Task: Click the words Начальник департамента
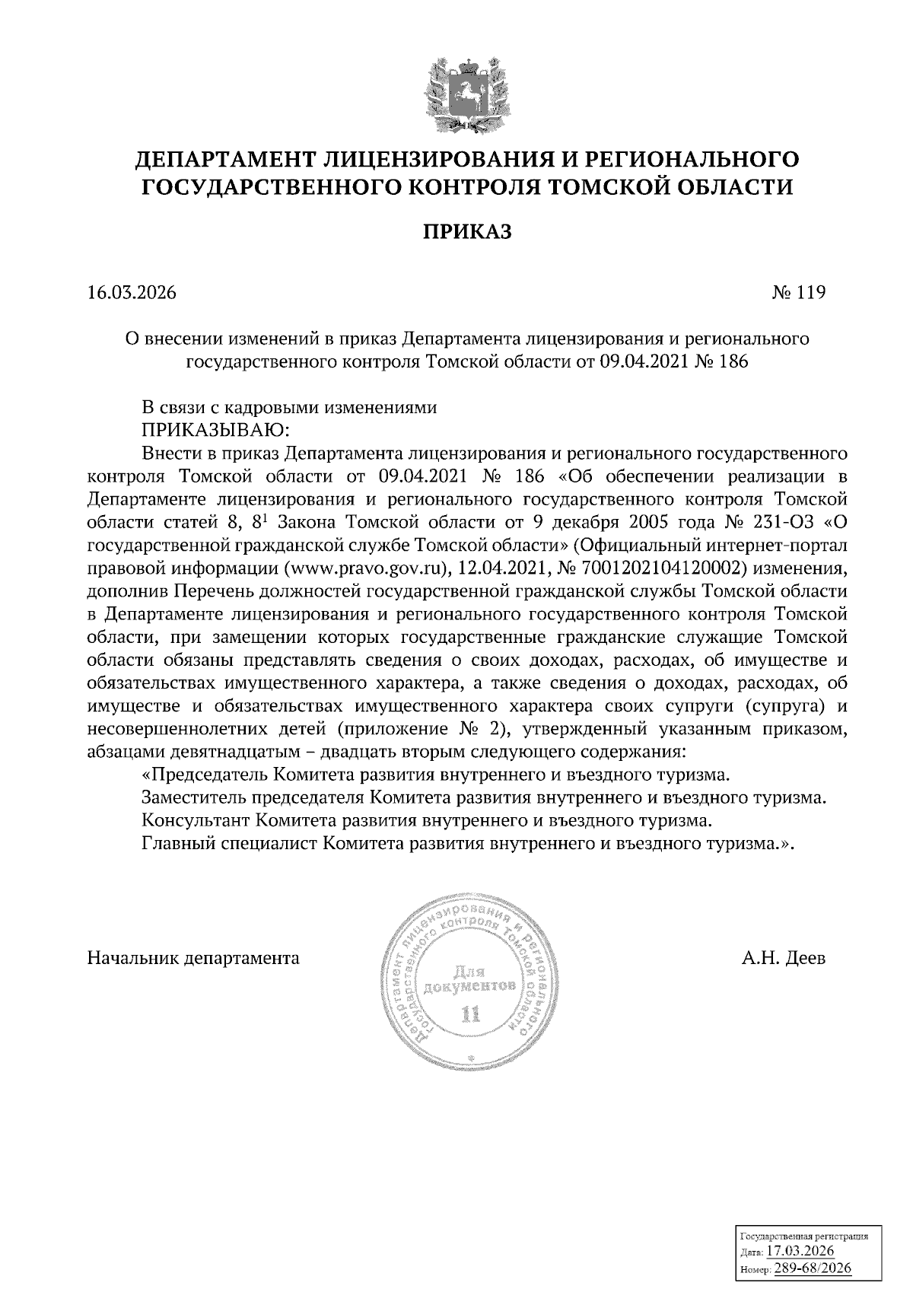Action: pos(193,958)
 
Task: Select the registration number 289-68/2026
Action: pos(811,1268)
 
